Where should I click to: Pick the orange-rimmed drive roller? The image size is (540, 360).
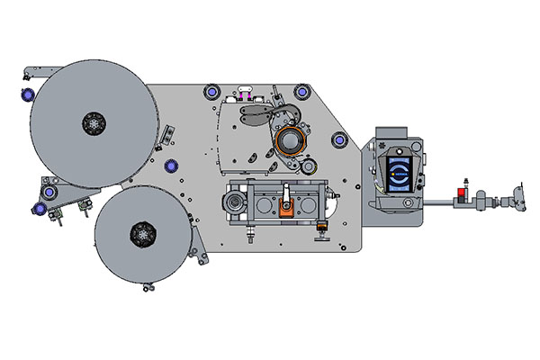click(x=291, y=141)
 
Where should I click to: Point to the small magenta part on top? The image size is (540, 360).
click(x=243, y=92)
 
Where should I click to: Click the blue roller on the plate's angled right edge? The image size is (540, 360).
click(x=339, y=139)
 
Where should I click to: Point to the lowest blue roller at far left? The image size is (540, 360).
click(x=39, y=210)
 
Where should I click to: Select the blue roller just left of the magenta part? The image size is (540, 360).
click(x=212, y=91)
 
